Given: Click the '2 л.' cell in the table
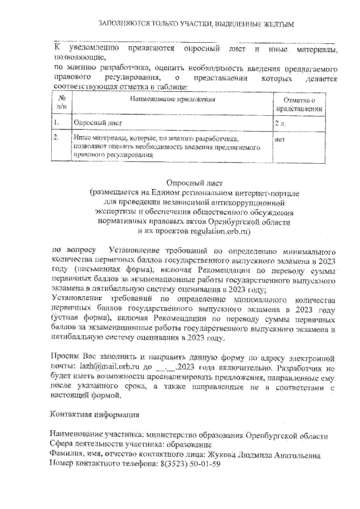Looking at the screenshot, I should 280,121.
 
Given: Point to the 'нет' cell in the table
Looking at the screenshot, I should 280,137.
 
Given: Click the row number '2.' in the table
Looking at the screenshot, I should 57,137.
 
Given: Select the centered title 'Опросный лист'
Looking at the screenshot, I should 196,182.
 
